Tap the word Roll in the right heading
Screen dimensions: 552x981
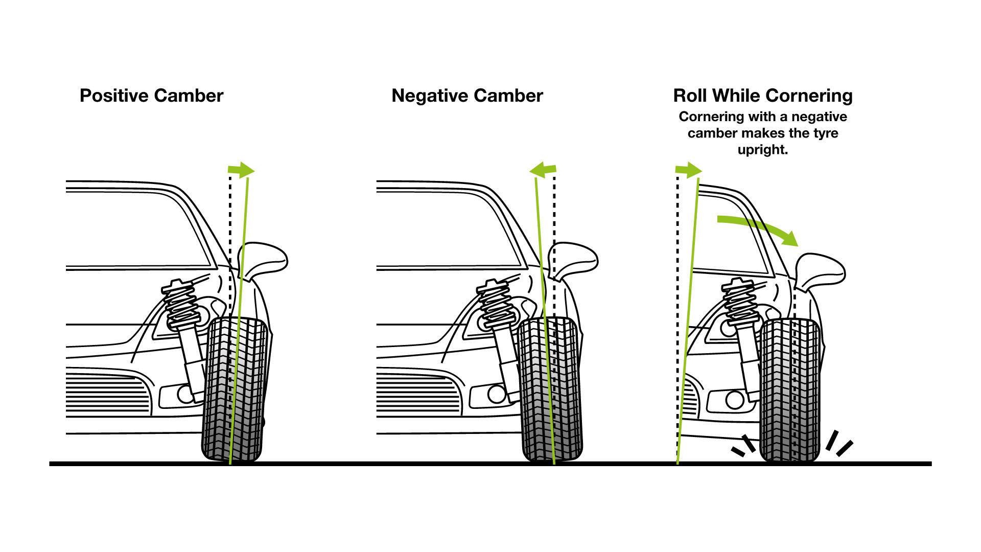pos(690,96)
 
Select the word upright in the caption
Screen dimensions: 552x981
pos(762,150)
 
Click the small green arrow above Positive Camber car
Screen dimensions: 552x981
pos(241,170)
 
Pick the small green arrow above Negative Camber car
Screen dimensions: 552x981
pos(543,170)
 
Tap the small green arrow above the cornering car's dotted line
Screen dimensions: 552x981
pos(689,170)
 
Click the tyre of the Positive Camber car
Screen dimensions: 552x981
pos(234,388)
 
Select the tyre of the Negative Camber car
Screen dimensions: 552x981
pos(551,388)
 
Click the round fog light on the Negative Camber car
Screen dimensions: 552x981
pos(496,394)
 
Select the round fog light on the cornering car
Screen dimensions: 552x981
pos(735,400)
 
